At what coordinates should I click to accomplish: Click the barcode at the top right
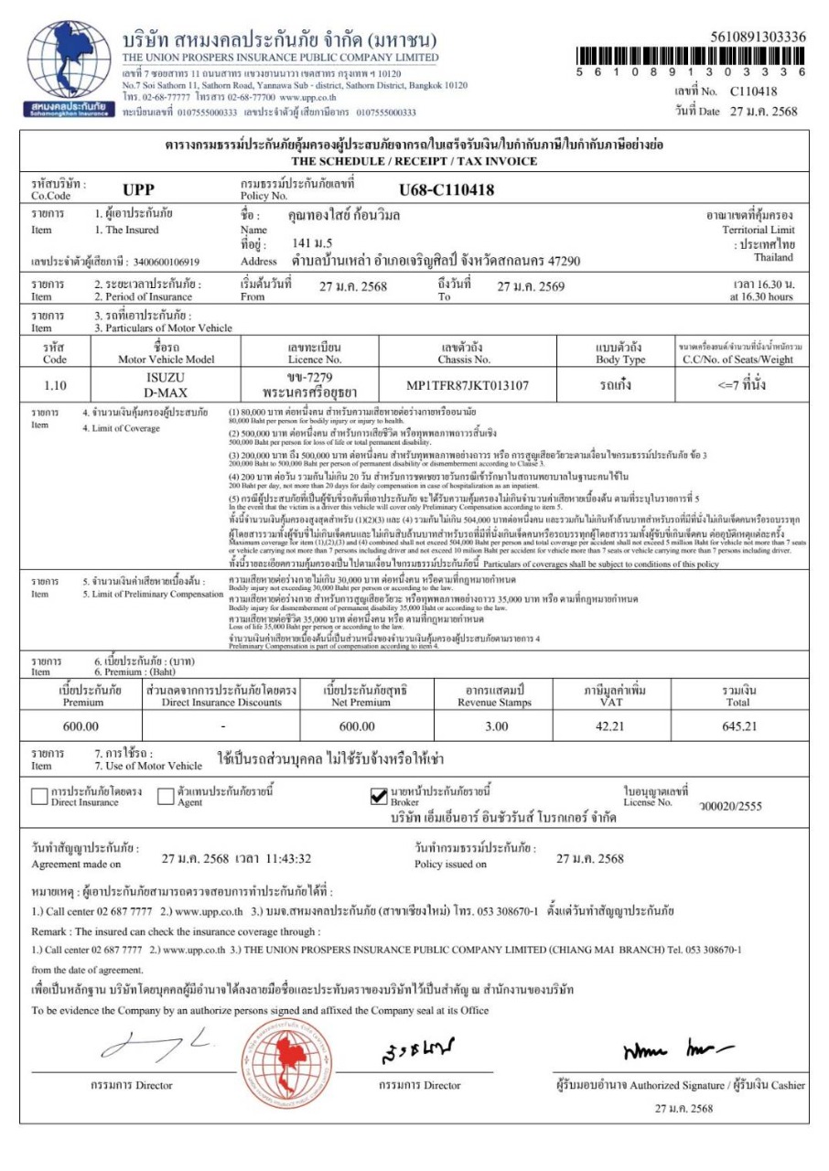point(691,54)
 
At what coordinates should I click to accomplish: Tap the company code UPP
point(140,191)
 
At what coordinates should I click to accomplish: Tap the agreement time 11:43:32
point(281,859)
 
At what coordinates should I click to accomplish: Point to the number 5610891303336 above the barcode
point(758,37)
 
